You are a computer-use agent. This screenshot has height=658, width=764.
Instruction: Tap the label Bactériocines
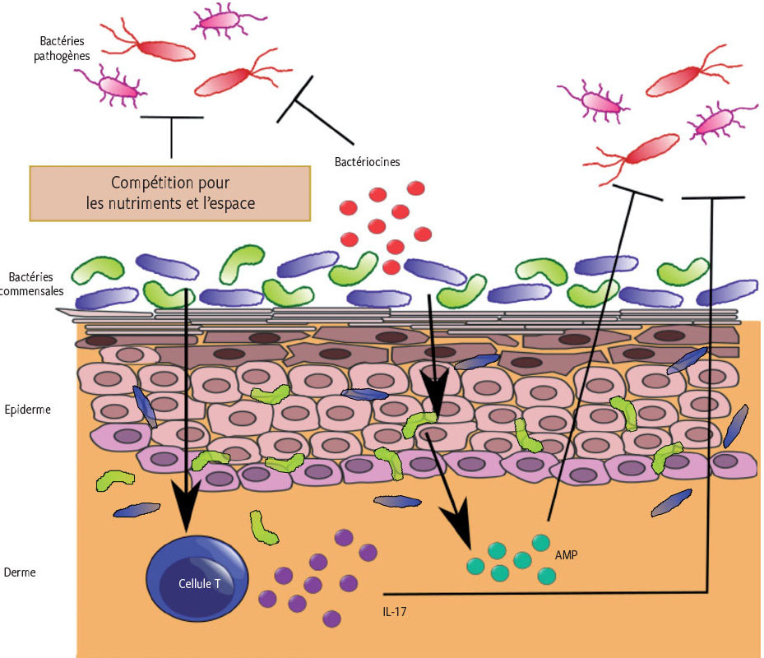point(368,162)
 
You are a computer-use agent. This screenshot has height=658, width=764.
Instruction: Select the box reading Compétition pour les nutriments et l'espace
point(170,192)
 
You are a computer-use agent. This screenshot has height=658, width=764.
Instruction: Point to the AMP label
point(566,555)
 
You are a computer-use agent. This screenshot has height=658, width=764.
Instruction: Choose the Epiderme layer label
point(28,409)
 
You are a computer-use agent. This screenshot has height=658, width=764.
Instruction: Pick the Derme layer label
point(20,572)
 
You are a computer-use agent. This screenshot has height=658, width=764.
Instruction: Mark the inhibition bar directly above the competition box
point(171,118)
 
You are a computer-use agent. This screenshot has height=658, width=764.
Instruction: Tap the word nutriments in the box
point(150,203)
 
